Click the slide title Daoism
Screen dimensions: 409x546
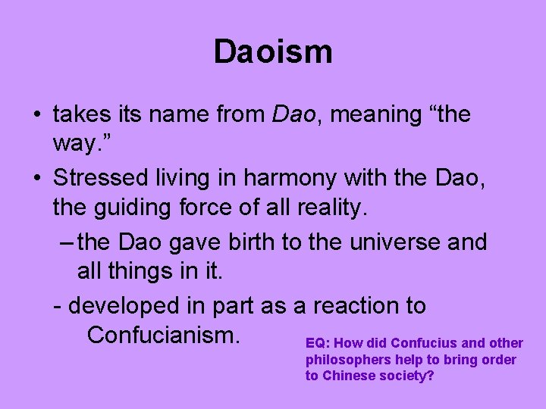[x=273, y=52]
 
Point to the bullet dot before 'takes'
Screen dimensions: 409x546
[x=36, y=116]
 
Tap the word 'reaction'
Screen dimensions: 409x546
[x=355, y=306]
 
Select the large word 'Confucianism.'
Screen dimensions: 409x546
[x=164, y=334]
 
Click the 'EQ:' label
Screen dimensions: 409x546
[x=317, y=343]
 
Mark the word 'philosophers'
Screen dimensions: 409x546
[x=347, y=360]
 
